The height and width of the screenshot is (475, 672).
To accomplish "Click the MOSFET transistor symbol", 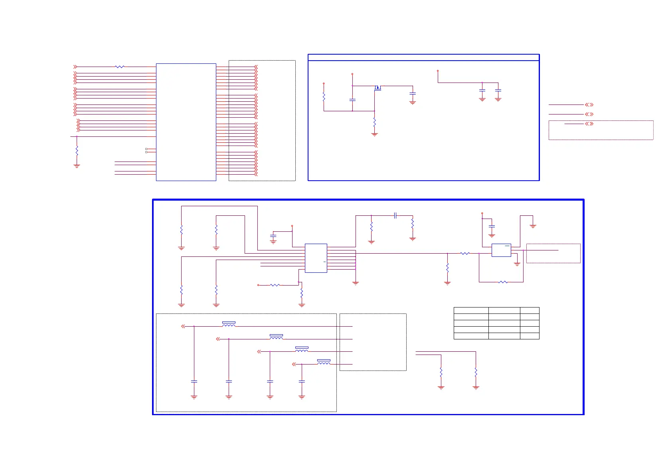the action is [378, 88].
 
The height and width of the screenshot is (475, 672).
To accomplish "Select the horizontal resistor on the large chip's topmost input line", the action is [120, 67].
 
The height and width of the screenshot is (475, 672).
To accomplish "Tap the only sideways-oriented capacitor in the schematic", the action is [395, 215].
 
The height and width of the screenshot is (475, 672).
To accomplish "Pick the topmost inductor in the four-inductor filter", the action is [229, 325].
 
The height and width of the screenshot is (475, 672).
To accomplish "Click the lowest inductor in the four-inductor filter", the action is [324, 363].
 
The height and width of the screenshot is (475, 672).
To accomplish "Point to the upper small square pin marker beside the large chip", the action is [146, 149].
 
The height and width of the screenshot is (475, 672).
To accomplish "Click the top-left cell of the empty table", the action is [471, 310].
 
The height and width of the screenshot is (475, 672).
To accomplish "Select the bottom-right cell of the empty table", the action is [530, 336].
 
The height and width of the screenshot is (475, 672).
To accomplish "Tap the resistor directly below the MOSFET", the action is [374, 122].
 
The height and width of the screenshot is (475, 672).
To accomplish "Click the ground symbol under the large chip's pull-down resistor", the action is [77, 166].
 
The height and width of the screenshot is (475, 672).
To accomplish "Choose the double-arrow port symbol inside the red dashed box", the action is [589, 124].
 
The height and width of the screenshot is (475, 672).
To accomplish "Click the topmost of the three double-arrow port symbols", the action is [589, 104].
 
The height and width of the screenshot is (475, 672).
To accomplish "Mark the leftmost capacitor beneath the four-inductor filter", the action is [194, 382].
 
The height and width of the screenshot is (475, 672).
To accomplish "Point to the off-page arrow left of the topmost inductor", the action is [183, 326].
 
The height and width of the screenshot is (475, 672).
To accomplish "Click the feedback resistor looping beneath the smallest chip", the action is [503, 282].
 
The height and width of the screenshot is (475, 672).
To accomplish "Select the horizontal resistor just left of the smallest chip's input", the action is [465, 253].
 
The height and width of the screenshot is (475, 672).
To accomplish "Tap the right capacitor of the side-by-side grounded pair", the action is [498, 91].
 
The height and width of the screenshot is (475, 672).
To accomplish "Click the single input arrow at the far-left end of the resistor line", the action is [75, 67].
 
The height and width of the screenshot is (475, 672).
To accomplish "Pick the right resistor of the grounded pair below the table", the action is [476, 372].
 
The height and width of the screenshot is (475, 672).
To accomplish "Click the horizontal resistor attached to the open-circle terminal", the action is [275, 285].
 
